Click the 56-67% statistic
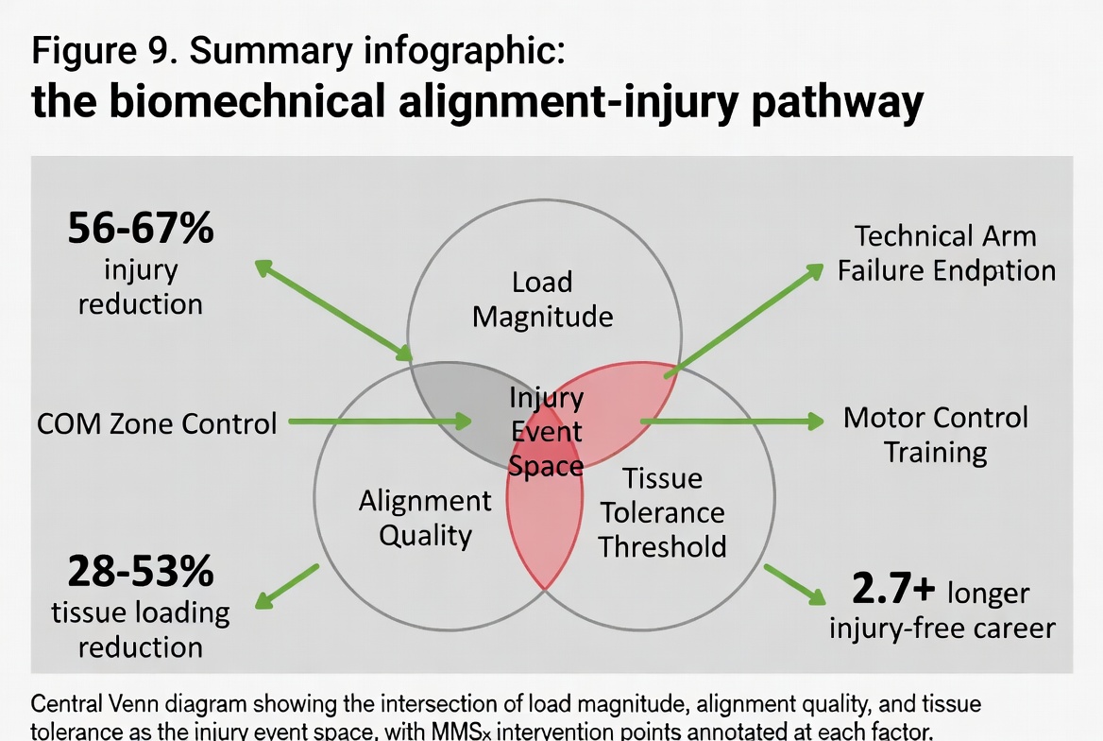coord(141,229)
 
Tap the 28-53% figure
coord(141,573)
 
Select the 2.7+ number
coord(893,590)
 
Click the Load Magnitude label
coord(542,299)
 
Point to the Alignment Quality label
coord(425,518)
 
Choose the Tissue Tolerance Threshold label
coord(663,512)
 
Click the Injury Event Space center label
coord(546,432)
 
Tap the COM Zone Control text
coord(157,422)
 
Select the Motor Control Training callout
coord(935,434)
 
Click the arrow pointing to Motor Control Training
coord(732,421)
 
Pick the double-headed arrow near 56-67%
coord(334,311)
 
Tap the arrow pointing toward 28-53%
coord(287,586)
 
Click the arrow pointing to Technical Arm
coord(746,320)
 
